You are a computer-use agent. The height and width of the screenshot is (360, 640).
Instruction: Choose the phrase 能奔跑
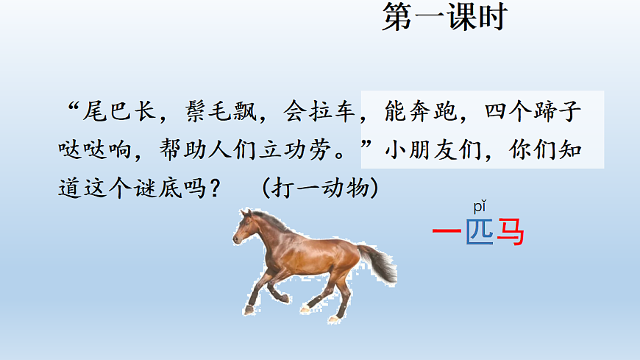point(418,113)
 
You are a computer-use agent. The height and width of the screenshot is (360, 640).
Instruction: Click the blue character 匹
point(480,233)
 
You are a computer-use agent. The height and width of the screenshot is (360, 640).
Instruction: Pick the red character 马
point(511,233)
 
